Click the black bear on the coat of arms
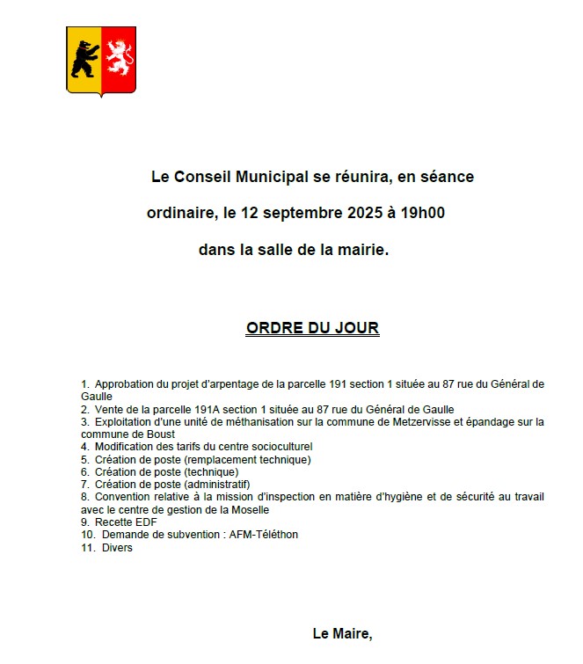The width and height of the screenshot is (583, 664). coord(84,59)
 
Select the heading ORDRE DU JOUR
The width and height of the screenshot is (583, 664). coord(312,328)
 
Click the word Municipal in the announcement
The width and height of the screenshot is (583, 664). coord(266,177)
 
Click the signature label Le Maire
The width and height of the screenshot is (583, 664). coord(342,633)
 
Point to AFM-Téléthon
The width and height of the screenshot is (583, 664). coord(263,534)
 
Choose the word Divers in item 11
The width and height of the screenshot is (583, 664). coord(117,547)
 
